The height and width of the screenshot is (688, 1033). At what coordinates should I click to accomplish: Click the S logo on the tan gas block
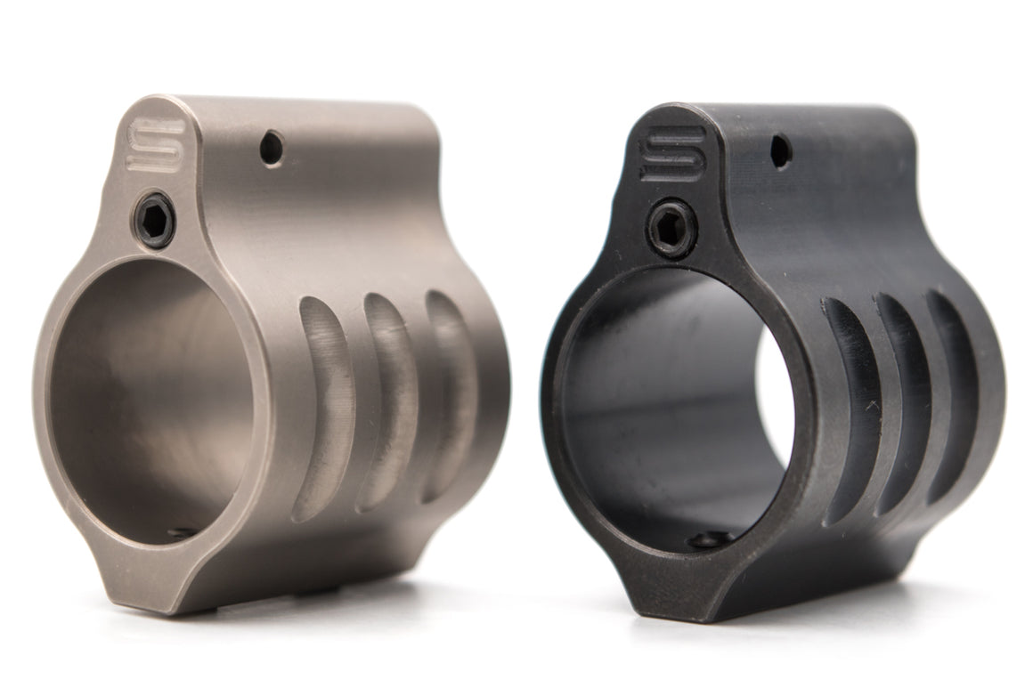pyautogui.click(x=158, y=144)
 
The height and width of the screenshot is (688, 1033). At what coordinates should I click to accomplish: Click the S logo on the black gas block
pyautogui.click(x=673, y=152)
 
